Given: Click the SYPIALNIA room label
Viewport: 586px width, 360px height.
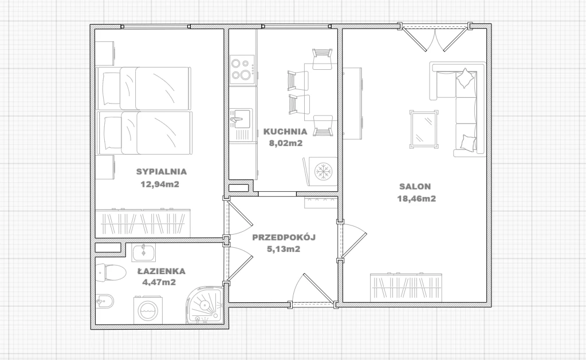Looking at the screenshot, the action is (x=162, y=172).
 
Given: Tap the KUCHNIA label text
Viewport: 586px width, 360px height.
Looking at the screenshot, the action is (x=285, y=132).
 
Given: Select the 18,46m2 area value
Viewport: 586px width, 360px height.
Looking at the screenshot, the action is (x=416, y=199).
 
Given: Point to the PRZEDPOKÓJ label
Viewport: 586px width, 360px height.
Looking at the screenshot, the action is (x=284, y=237).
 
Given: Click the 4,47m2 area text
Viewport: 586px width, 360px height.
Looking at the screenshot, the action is (x=159, y=282).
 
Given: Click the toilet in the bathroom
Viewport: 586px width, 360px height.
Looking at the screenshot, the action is (x=111, y=272).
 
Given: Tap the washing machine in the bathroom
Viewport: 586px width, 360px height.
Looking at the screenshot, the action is (x=148, y=310).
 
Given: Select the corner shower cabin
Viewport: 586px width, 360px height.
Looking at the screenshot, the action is (x=204, y=305).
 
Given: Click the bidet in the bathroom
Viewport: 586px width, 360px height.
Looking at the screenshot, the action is (x=104, y=302).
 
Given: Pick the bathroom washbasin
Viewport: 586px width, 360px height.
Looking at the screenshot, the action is (x=144, y=252).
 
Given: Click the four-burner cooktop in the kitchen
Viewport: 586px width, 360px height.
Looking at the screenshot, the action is (x=242, y=69).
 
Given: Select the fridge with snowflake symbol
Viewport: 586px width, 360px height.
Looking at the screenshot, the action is (x=321, y=171).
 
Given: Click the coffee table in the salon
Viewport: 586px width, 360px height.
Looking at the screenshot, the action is (x=424, y=129).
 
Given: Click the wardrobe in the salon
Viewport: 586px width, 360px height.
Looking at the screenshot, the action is (x=406, y=287).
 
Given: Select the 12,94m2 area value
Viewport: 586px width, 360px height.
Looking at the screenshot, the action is (x=160, y=184).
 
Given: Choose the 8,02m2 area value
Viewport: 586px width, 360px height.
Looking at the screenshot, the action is (x=286, y=143).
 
